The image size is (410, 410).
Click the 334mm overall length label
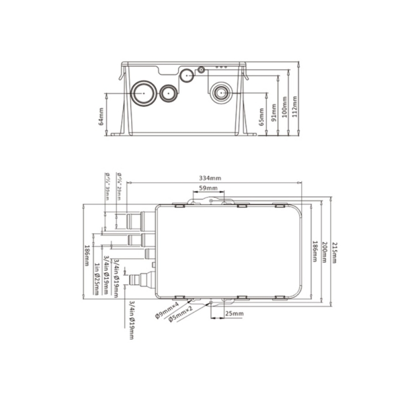point(210,178)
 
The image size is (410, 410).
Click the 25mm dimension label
point(234,314)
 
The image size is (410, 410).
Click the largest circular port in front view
point(142,93)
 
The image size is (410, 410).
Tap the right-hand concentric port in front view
point(221,93)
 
